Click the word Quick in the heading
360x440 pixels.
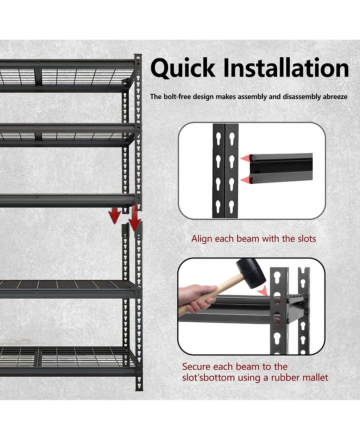coord(183,68)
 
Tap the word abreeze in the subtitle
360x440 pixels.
coord(335,97)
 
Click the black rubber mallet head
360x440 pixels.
coord(251,273)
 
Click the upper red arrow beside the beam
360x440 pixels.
coord(245,158)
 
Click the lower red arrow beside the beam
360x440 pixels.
coord(245,180)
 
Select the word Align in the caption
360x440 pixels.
coord(202,239)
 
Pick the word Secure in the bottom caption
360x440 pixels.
coord(196,367)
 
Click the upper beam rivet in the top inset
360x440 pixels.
coord(253,158)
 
